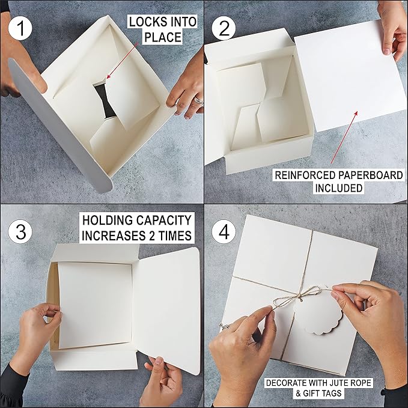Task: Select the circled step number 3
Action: pyautogui.click(x=21, y=231)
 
